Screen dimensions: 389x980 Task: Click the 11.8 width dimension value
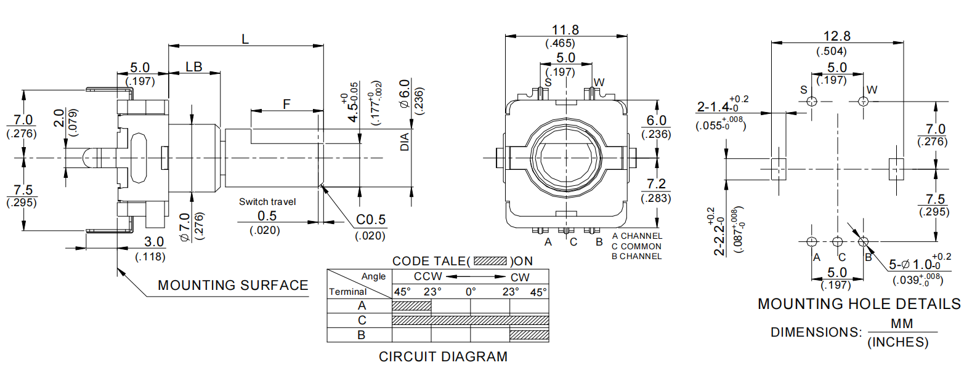(565, 30)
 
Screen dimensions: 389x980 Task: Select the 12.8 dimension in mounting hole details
(836, 36)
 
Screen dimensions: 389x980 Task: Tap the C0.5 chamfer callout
(371, 220)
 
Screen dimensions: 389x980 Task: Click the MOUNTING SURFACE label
(233, 286)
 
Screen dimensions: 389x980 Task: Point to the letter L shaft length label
(245, 39)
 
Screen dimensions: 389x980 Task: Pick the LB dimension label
(194, 66)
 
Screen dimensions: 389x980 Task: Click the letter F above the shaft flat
(286, 104)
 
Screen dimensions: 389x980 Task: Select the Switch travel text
(267, 202)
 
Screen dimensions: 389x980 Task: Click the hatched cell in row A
(411, 305)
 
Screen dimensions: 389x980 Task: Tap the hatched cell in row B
(529, 335)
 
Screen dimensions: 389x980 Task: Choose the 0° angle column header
(471, 292)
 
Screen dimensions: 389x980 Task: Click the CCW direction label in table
(427, 276)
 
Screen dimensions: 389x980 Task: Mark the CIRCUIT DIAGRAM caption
(443, 357)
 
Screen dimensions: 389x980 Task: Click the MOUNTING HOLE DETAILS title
(859, 304)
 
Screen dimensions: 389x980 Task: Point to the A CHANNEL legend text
(637, 236)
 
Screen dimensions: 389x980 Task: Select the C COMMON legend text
(636, 246)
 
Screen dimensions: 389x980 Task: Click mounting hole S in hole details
(812, 100)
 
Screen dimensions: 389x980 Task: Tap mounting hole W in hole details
(863, 100)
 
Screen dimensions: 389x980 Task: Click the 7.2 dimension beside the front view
(656, 183)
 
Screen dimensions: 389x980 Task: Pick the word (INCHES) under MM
(897, 342)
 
